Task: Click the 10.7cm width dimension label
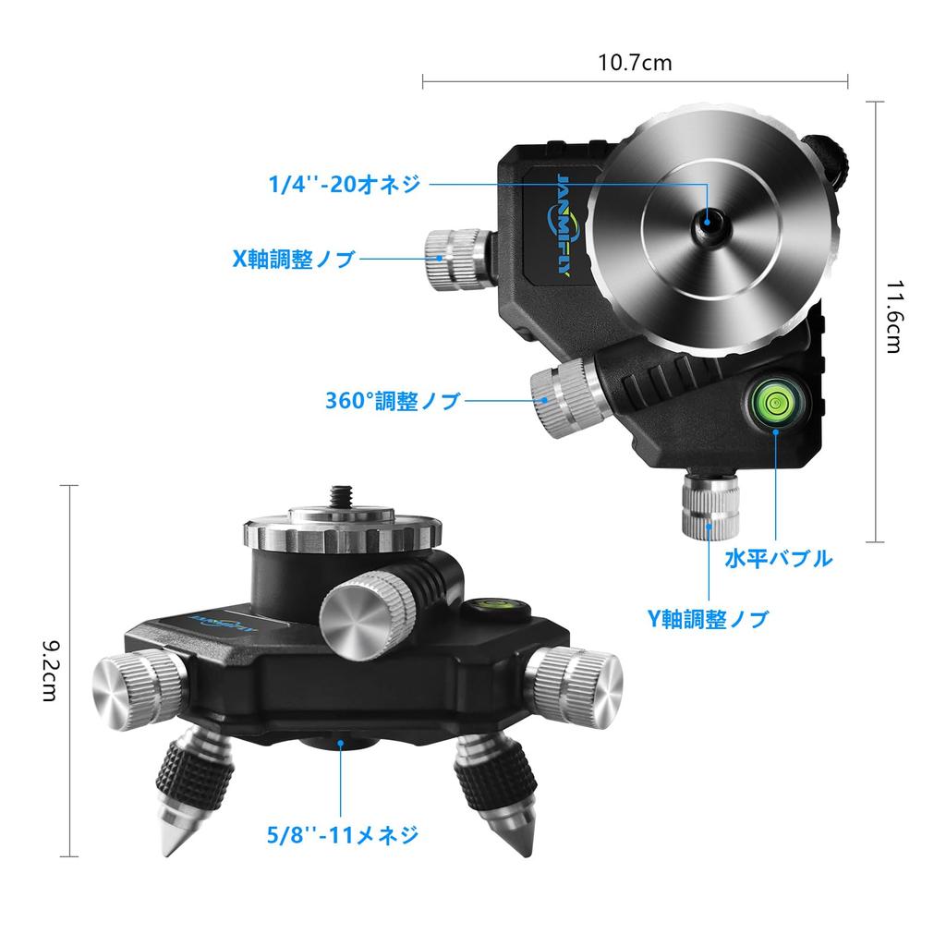[x=635, y=63]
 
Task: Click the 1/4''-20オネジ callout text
[x=345, y=184]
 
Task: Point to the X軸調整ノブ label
[x=294, y=260]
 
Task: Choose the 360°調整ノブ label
[x=393, y=402]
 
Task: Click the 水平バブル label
[x=778, y=559]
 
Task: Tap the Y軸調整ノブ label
[x=707, y=619]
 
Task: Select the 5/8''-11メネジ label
[x=341, y=836]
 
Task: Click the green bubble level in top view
[x=774, y=400]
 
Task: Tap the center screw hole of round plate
[x=708, y=221]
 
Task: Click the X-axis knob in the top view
[x=454, y=258]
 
